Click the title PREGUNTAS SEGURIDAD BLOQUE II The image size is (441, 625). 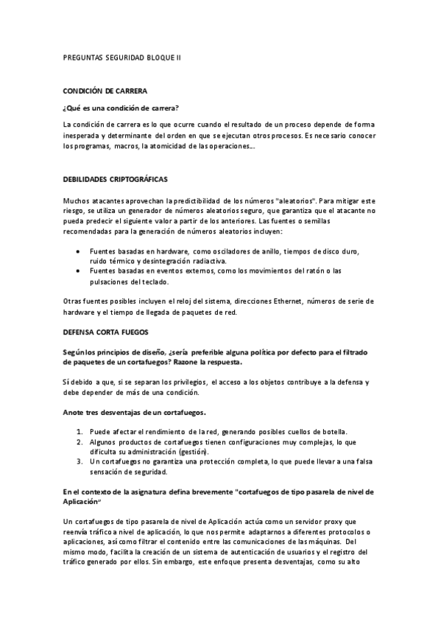pyautogui.click(x=121, y=57)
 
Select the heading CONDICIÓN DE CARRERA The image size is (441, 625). pyautogui.click(x=105, y=91)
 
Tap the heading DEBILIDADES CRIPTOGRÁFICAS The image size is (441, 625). pyautogui.click(x=116, y=179)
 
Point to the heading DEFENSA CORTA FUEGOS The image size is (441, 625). pyautogui.click(x=106, y=332)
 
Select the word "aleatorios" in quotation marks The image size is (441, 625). pyautogui.click(x=278, y=200)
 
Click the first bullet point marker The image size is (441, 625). pyautogui.click(x=79, y=251)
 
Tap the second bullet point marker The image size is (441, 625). pyautogui.click(x=79, y=270)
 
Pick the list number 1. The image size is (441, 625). pyautogui.click(x=80, y=431)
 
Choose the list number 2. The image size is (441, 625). pyautogui.click(x=80, y=441)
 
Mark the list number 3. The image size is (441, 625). pyautogui.click(x=80, y=461)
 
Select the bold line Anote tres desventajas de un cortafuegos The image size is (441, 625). pyautogui.click(x=135, y=412)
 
